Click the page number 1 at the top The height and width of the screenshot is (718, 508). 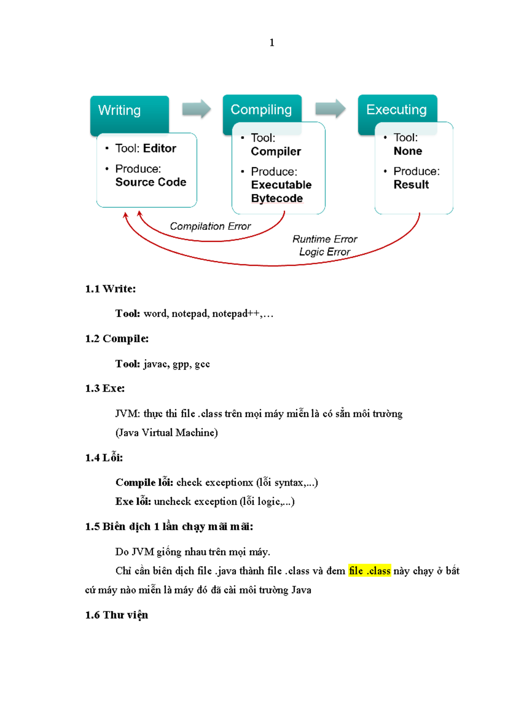pos(272,43)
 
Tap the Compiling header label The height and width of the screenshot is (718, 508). pos(261,110)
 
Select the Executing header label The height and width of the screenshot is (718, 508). pos(396,110)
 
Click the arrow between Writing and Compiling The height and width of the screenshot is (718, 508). pos(196,109)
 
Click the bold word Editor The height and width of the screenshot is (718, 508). pos(160,149)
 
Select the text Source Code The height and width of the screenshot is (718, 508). pos(151,182)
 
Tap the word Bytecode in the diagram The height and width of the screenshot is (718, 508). pos(277,199)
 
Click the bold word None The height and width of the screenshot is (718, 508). pos(408,151)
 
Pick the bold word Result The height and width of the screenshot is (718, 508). pos(411,185)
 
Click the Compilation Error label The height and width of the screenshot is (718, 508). pos(210,226)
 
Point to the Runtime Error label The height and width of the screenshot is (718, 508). pos(325,239)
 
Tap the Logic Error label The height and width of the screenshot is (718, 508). pos(325,252)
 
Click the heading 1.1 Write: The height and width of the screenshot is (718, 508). pos(110,289)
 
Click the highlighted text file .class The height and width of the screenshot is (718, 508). pos(370,571)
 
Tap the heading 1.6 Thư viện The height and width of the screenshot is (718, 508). pos(117,615)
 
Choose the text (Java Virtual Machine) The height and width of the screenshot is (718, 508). pos(167,433)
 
